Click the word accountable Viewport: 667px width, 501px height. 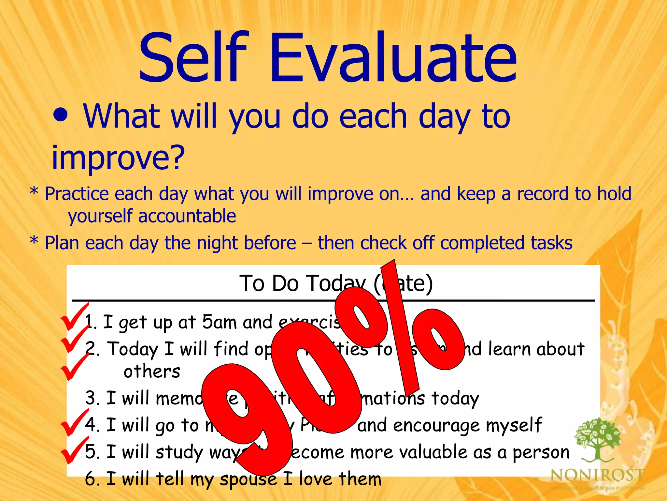187,216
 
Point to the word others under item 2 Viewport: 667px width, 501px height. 152,371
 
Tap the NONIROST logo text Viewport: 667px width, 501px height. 597,475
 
